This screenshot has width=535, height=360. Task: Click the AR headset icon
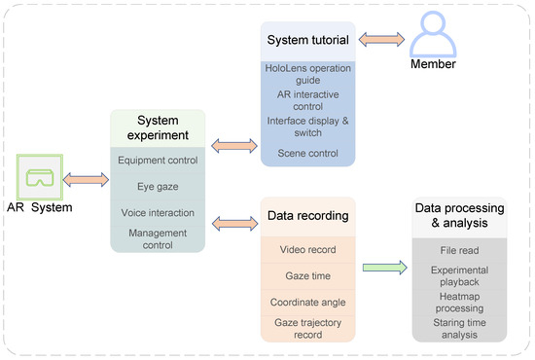pyautogui.click(x=40, y=178)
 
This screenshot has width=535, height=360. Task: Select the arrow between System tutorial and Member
pyautogui.click(x=374, y=40)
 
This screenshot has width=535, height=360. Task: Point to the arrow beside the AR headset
pyautogui.click(x=84, y=179)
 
